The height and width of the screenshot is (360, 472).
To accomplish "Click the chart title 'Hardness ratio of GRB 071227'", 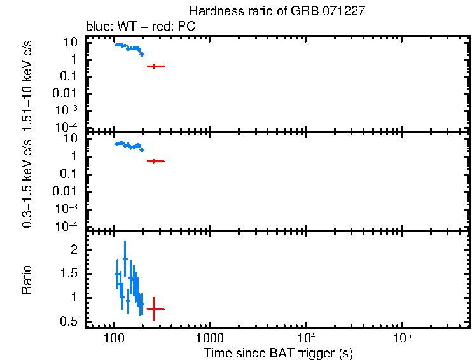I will point(277,11).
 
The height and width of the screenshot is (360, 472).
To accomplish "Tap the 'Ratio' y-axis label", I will point(27,279).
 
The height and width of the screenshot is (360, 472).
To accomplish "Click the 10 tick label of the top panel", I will point(71,43).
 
